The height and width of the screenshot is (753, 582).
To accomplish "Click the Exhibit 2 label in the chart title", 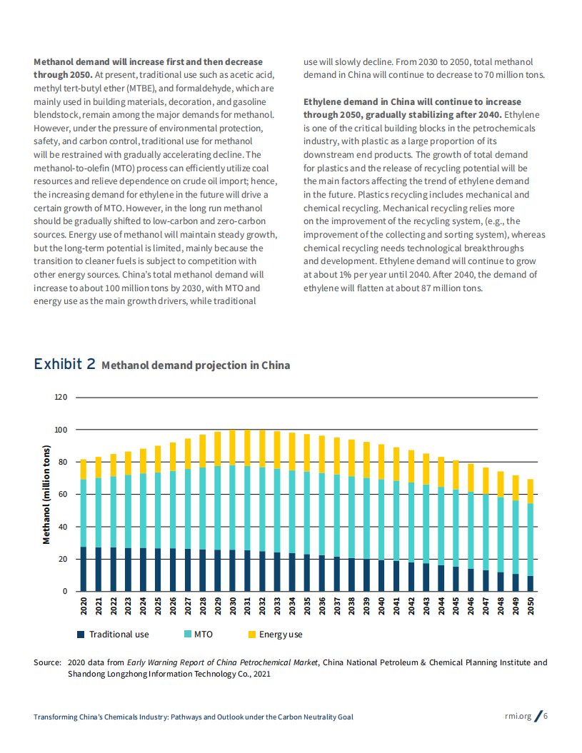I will point(64,364).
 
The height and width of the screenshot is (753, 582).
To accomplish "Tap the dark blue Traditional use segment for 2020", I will point(83,569).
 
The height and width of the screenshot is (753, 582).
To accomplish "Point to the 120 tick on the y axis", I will point(60,398).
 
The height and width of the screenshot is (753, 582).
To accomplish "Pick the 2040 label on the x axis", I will point(381,606).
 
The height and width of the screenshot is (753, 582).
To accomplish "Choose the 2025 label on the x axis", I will point(158,606).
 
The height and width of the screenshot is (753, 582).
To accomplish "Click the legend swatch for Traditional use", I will point(81,634).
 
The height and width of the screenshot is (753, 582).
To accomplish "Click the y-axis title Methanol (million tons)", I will point(46,494).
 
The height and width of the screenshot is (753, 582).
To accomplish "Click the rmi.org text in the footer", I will point(518,717).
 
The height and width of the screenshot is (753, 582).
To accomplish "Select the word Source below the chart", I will point(47,662).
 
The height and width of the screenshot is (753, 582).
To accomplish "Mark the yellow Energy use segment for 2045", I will point(456,475).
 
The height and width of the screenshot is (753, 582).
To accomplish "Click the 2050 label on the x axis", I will point(531,606).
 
